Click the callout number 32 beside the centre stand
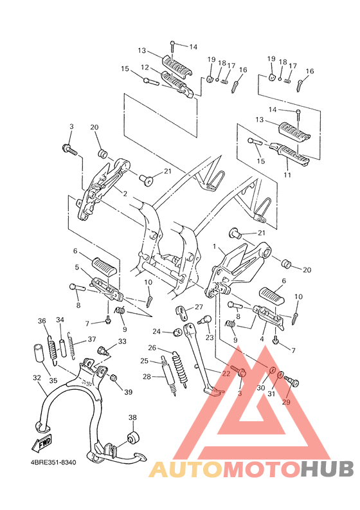37,378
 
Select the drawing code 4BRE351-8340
57,462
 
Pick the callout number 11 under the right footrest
287,174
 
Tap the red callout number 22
226,373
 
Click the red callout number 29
285,401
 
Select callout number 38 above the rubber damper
132,417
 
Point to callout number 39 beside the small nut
128,392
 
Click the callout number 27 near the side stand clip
199,307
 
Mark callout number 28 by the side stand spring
147,377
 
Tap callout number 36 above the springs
42,321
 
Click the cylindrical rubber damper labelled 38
134,439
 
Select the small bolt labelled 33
101,351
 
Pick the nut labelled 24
175,332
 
